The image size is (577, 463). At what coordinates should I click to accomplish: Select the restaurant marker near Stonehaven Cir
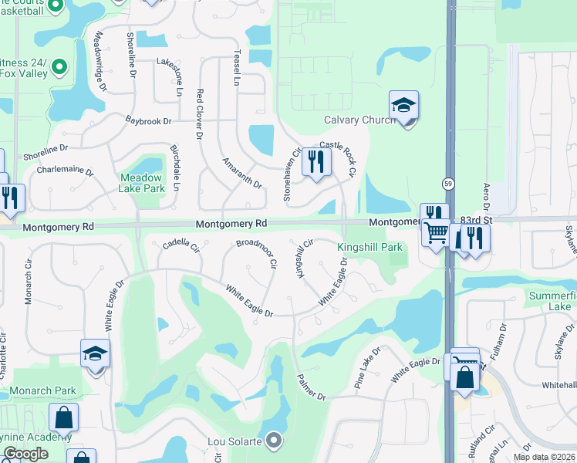315,161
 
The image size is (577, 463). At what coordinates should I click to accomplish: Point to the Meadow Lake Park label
142,182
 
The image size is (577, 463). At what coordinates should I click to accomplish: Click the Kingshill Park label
369,247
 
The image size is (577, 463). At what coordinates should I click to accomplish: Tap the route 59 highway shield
447,184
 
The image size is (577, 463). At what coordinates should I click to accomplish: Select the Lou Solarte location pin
275,441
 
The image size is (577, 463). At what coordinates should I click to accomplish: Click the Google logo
25,454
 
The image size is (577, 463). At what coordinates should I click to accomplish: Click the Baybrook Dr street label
148,121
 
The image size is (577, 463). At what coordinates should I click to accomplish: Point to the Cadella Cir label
181,247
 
